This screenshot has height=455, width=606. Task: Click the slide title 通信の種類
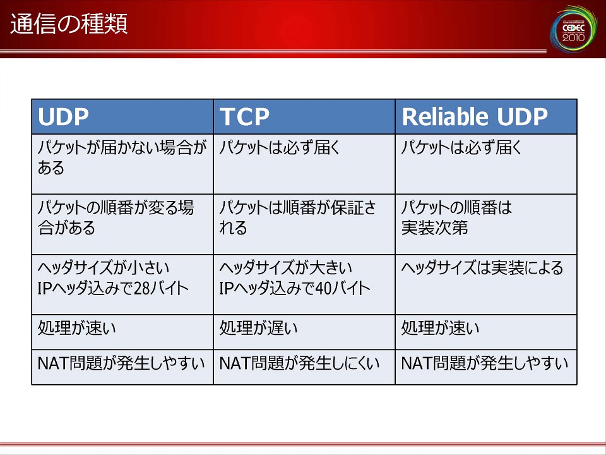point(69,24)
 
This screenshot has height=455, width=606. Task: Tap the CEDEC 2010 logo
point(574,28)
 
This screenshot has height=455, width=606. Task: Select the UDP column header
point(122,116)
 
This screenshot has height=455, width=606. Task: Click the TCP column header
point(304,116)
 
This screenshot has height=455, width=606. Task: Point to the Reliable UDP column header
point(486,116)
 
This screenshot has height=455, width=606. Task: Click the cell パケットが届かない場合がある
point(122,164)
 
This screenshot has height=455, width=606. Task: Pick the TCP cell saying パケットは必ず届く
point(304,164)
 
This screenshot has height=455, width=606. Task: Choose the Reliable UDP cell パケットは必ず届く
point(486,164)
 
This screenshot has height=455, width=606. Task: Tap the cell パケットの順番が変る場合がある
point(122,224)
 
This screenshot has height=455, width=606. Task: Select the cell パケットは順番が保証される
point(304,224)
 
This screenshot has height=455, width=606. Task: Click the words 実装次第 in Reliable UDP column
point(434,228)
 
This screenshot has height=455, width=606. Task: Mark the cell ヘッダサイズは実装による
point(486,284)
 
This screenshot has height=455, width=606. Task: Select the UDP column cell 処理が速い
point(122,332)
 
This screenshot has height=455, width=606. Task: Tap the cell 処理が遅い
point(304,332)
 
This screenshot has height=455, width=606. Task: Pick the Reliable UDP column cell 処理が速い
point(486,332)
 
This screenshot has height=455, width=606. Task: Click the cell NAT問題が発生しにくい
point(304,367)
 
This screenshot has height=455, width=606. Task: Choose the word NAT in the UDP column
point(53,364)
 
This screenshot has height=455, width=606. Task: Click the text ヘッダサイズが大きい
point(285,268)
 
